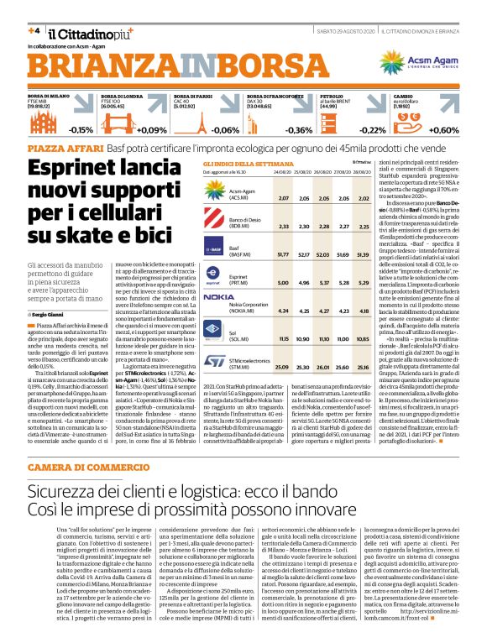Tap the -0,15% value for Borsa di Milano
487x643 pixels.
tap(81, 130)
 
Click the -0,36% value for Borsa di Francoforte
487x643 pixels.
tap(299, 130)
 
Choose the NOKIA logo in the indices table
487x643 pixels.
tap(217, 297)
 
